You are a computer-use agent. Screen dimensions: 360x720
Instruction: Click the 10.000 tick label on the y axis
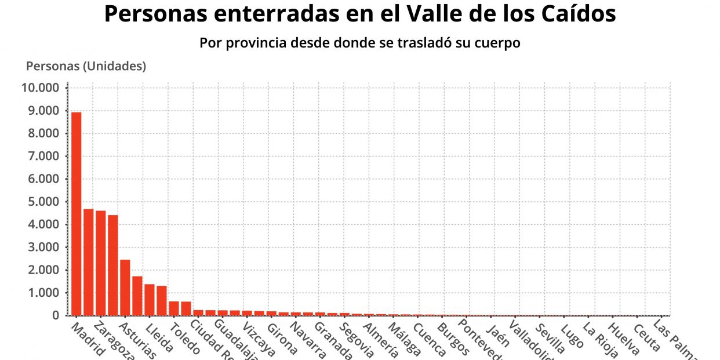tap(41, 88)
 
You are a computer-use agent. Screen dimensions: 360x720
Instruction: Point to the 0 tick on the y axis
tap(56, 315)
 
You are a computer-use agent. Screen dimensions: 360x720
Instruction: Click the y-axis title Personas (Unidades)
tap(86, 66)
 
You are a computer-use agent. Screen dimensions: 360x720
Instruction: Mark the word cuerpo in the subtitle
tap(499, 43)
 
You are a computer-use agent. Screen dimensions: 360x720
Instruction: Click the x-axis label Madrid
tap(87, 339)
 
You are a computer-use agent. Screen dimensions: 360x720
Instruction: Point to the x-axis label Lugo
tap(572, 336)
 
